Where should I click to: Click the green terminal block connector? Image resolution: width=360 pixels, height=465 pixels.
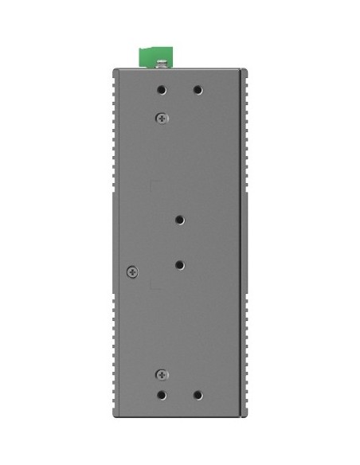coord(155,57)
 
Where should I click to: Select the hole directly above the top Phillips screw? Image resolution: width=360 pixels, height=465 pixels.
coord(162,91)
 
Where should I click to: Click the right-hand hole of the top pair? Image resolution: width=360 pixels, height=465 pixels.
coord(198,91)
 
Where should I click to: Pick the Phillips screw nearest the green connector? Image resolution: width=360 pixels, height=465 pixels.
coord(162,118)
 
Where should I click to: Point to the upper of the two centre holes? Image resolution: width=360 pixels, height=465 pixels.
coord(180,219)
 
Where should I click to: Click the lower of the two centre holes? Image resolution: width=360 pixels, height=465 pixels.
coord(180,264)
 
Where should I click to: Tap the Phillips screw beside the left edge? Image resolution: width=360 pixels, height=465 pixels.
coord(132,272)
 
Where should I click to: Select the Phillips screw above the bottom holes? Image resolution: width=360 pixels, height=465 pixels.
coord(162,373)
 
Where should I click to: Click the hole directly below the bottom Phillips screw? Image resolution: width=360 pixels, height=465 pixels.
coord(162,395)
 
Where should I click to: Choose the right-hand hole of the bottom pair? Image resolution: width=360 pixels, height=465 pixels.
coord(198,395)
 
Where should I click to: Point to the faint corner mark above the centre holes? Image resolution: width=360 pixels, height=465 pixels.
coord(154,185)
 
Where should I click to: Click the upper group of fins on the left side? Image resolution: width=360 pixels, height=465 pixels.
coord(115,131)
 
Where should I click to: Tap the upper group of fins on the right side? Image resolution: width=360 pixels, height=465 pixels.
coord(246,131)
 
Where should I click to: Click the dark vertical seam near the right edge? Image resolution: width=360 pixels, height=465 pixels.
coord(239,239)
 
